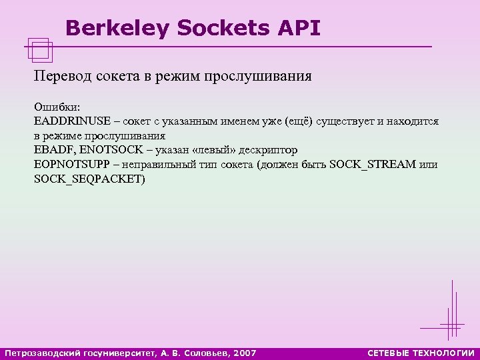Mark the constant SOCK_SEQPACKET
(89, 179)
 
